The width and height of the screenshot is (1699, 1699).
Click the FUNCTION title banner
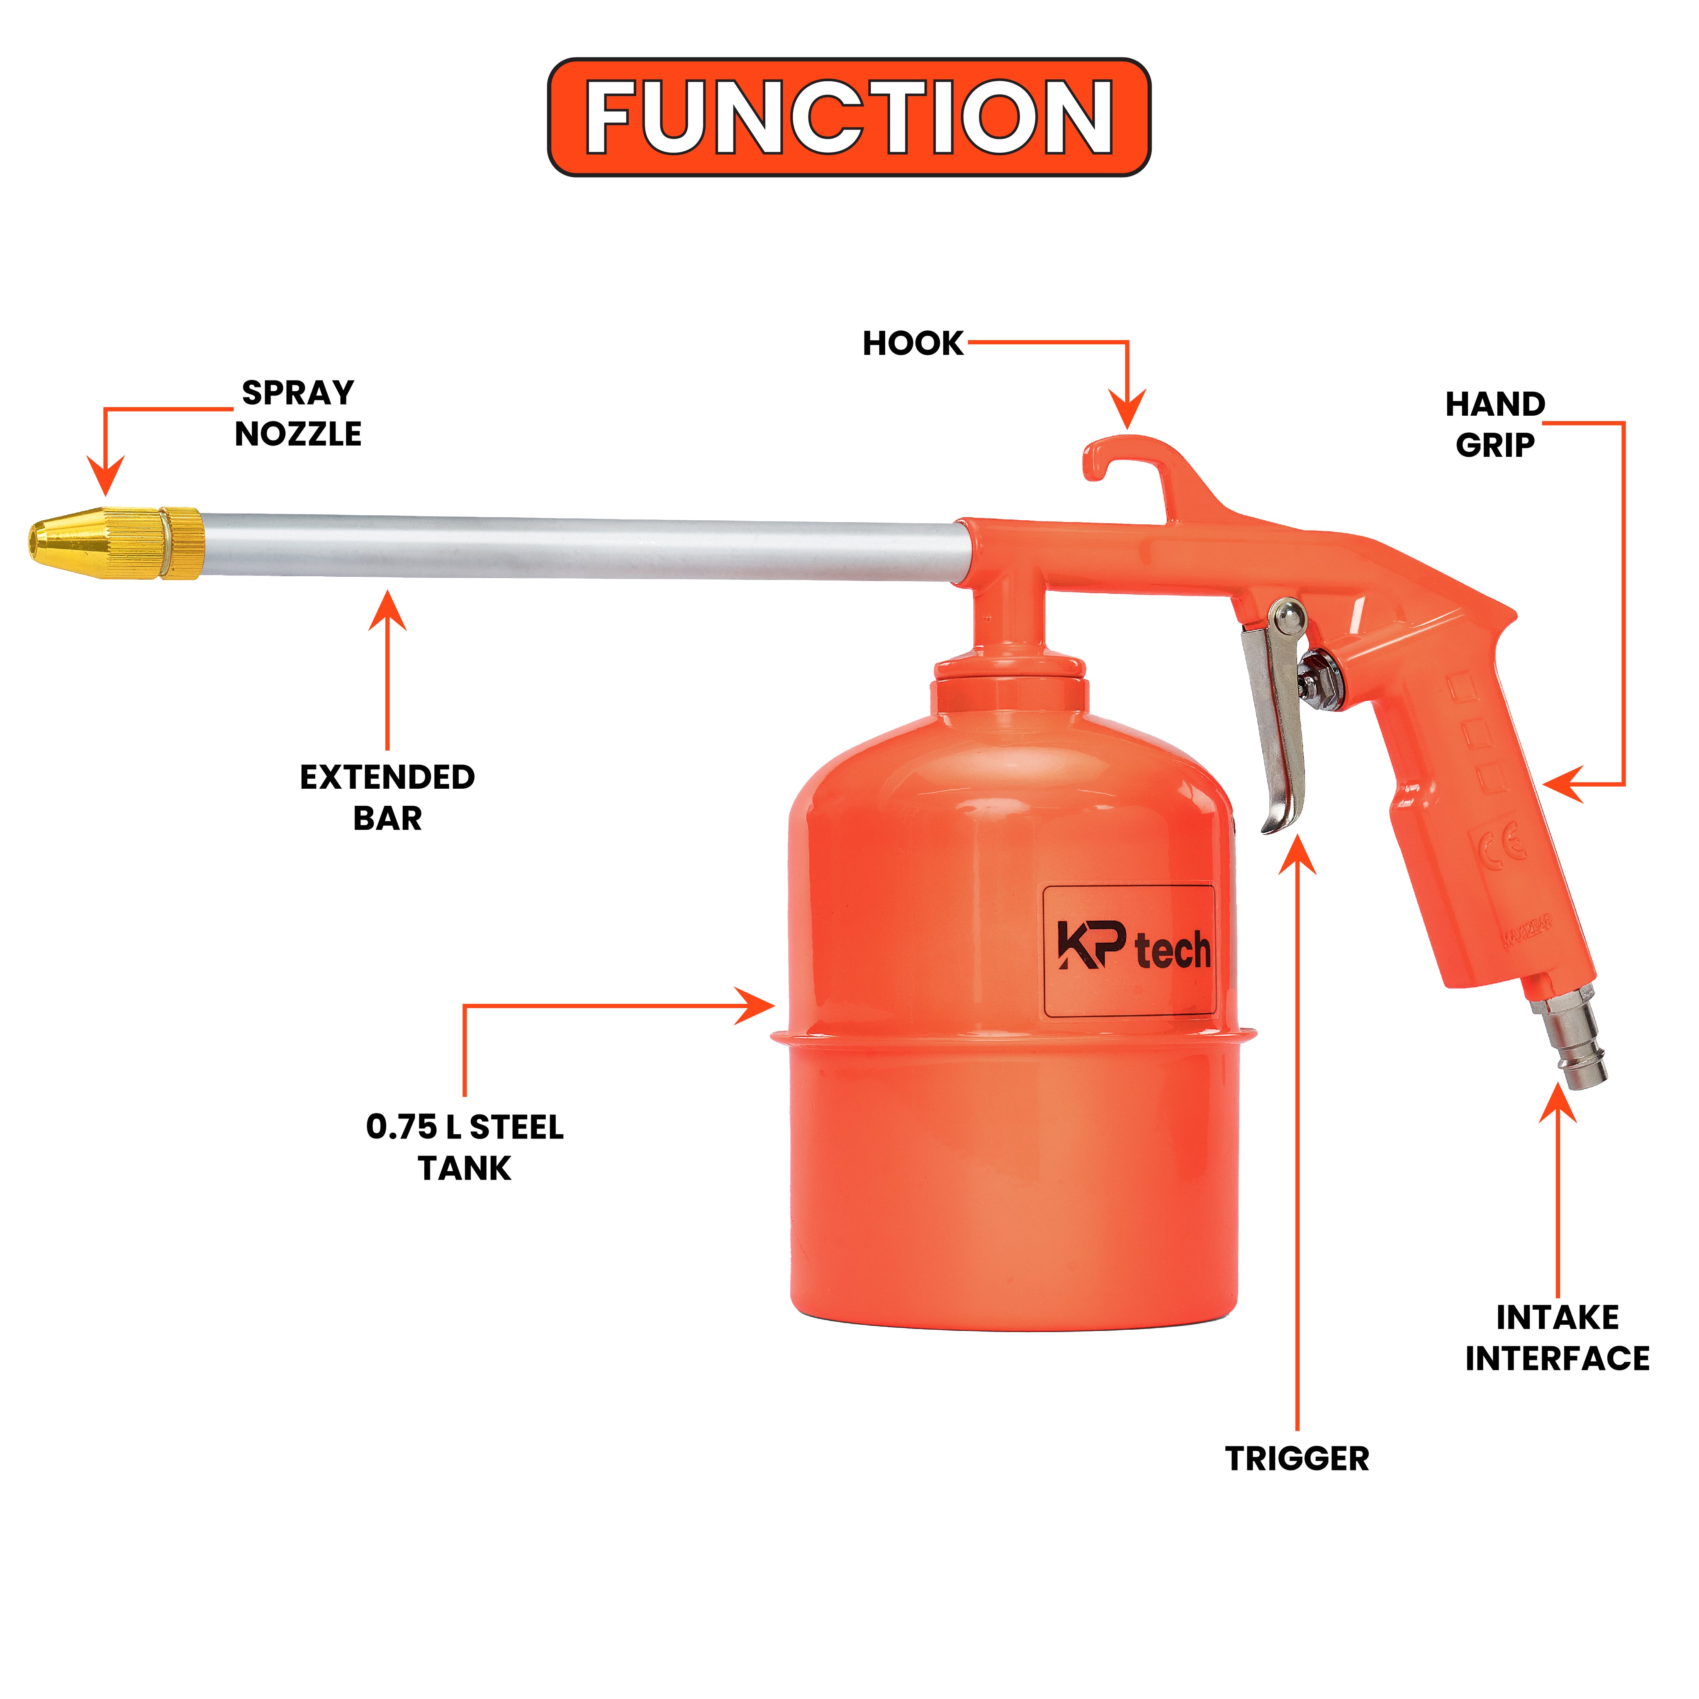(x=849, y=117)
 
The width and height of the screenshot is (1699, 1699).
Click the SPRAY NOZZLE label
(x=298, y=412)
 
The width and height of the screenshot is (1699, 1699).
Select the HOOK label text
(x=913, y=343)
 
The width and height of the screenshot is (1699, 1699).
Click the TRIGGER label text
(x=1297, y=1459)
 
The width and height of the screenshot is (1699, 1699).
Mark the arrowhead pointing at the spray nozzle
(x=105, y=476)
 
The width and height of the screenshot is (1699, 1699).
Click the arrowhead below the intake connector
(x=1558, y=1104)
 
